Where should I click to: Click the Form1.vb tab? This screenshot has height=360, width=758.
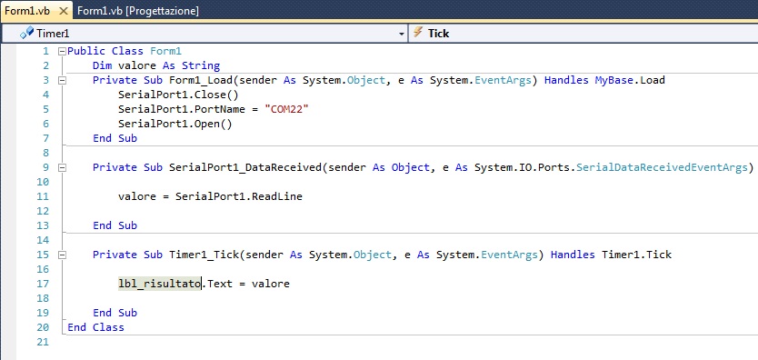[25, 10]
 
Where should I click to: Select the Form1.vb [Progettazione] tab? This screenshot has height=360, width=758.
[137, 10]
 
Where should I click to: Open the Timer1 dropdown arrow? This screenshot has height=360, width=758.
[402, 33]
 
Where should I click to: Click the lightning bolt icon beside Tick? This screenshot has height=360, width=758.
[418, 33]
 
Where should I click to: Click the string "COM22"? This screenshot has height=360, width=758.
[288, 109]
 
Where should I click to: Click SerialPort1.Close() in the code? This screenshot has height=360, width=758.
[177, 95]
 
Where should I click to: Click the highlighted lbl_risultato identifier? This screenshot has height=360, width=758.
[159, 284]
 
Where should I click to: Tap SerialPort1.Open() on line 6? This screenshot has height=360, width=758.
[175, 124]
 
